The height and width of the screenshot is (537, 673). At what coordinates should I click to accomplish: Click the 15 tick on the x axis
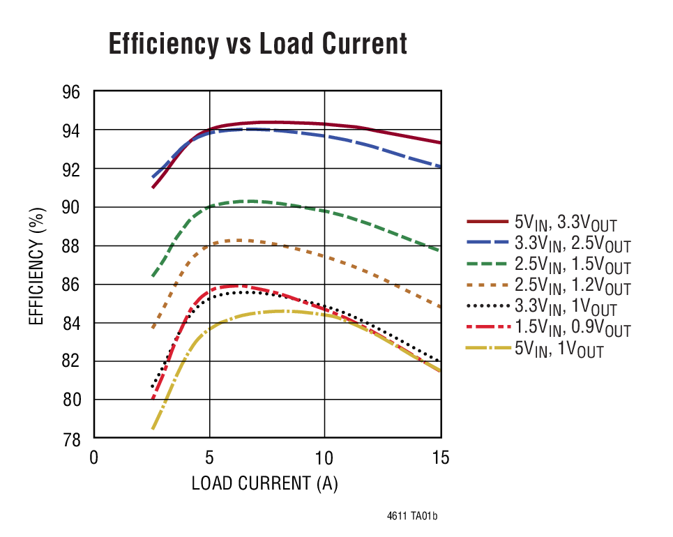point(440,457)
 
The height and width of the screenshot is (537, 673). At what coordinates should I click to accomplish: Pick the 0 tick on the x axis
point(94,457)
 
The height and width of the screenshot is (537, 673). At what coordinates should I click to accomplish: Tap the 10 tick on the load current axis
point(324,457)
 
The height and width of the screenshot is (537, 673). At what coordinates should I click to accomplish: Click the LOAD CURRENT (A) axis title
point(264,483)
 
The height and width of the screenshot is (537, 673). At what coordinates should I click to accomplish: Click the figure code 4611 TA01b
point(412,517)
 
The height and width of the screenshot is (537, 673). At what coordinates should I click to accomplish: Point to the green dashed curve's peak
point(248,201)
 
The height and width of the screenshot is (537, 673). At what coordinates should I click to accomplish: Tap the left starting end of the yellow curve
point(153,428)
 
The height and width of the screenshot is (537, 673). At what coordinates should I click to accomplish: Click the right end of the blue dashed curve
point(440,167)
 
